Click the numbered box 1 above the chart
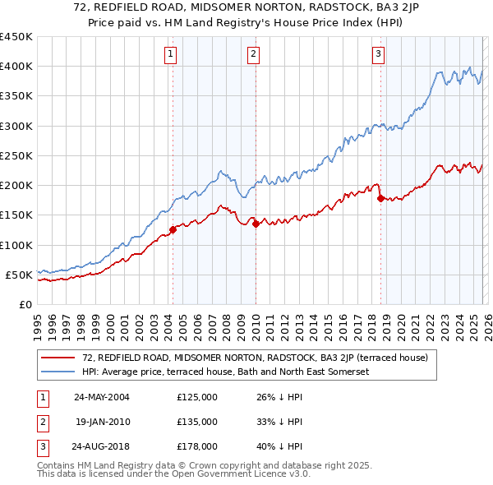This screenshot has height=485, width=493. click(x=170, y=55)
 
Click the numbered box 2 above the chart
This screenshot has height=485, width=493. click(x=252, y=55)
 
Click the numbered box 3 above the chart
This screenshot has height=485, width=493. click(x=378, y=55)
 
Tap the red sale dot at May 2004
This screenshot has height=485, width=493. click(x=173, y=229)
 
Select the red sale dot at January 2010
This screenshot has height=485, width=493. click(x=256, y=224)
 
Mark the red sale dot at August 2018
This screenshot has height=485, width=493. click(x=380, y=198)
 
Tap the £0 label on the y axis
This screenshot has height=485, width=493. click(x=25, y=304)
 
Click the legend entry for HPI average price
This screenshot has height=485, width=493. click(x=225, y=372)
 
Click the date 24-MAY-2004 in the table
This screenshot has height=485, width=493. click(x=102, y=397)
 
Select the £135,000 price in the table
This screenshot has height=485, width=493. click(x=197, y=422)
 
